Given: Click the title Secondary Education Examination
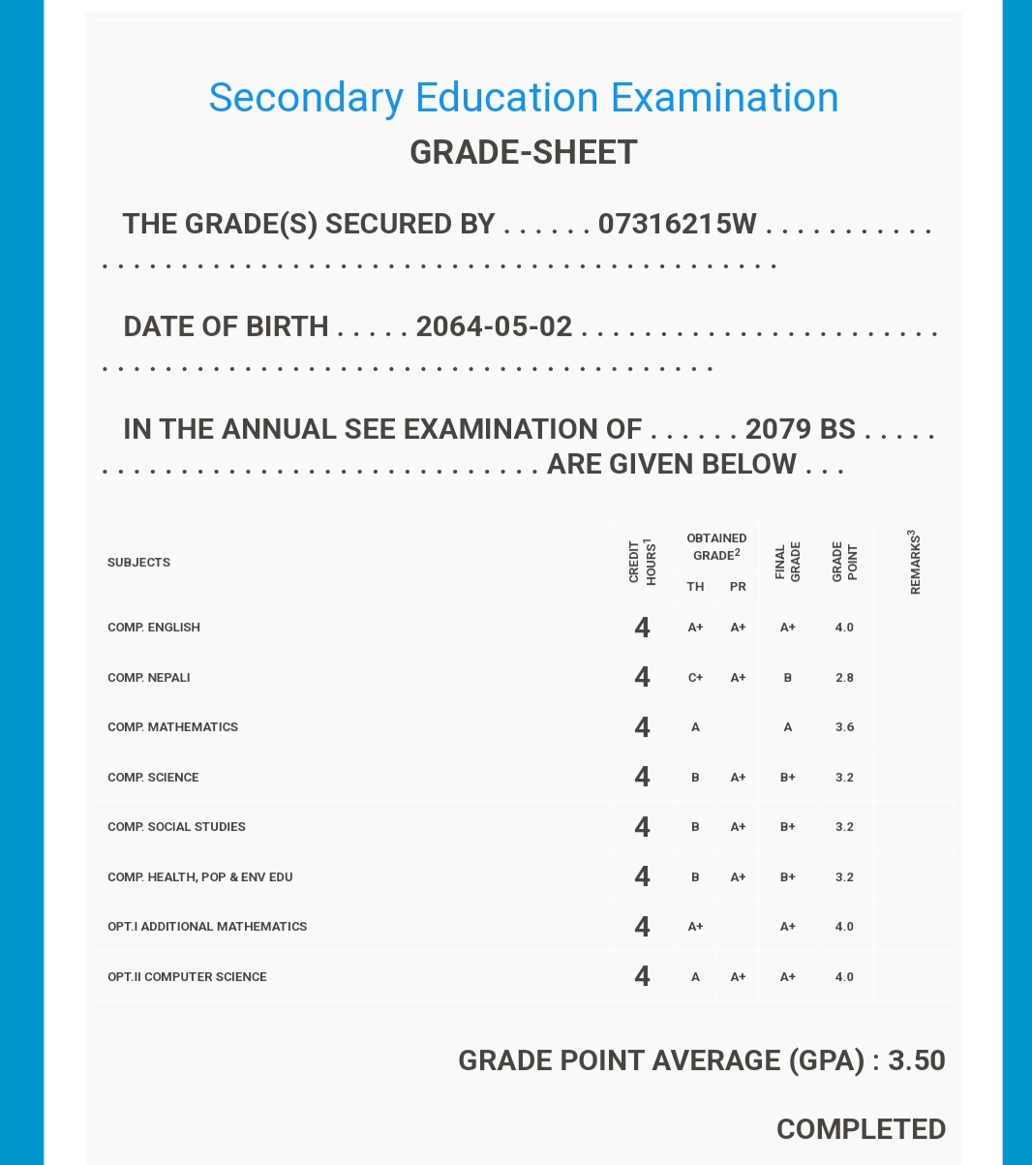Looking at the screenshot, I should click(524, 98).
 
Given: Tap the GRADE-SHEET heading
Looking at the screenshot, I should click(523, 152).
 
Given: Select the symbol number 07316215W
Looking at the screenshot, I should click(677, 224).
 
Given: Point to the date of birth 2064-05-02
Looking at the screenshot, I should click(494, 326).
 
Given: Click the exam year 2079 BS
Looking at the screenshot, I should click(800, 429).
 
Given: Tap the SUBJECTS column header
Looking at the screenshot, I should click(138, 563).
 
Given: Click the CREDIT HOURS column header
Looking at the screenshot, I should click(642, 562).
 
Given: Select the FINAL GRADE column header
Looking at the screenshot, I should click(787, 562).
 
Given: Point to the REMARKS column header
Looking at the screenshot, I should click(914, 562).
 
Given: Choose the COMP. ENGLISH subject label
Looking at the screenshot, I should click(154, 628).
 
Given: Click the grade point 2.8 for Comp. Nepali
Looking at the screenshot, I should click(844, 678).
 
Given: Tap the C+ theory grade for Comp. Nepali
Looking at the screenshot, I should click(695, 678).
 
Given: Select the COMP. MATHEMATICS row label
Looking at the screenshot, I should click(172, 727).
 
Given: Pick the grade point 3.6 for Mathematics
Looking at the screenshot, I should click(844, 727).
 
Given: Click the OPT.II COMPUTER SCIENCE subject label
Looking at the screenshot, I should click(187, 977).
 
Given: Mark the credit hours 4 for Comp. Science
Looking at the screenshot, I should click(642, 777).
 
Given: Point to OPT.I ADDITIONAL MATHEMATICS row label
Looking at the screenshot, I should click(207, 927).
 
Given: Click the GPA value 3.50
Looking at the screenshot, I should click(916, 1060).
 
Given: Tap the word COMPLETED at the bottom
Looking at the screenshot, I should click(861, 1129).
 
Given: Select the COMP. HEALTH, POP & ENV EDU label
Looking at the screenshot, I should click(199, 877).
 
